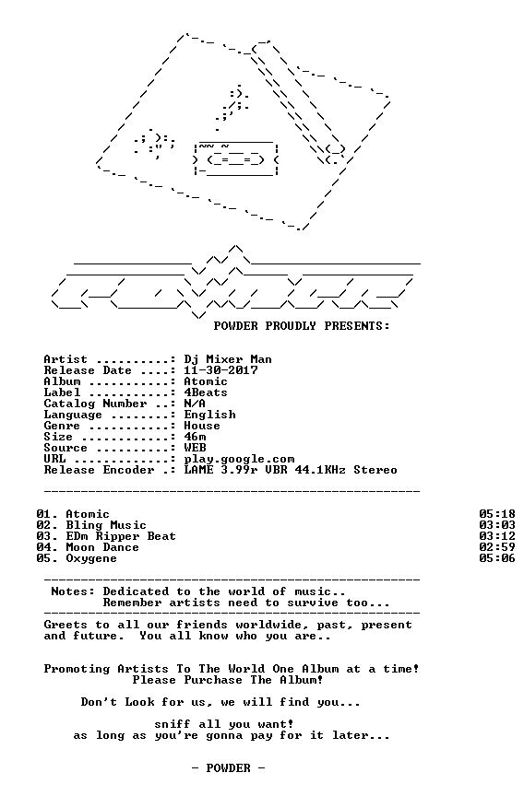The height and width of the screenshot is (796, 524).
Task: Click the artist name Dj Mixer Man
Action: pyautogui.click(x=228, y=360)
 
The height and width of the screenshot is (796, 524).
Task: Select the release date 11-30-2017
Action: pyautogui.click(x=220, y=370)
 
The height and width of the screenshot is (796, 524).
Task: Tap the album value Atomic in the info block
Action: pyautogui.click(x=206, y=381)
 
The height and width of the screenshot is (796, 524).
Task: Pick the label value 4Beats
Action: pyautogui.click(x=206, y=392)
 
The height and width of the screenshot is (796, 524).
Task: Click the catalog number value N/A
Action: pyautogui.click(x=195, y=404)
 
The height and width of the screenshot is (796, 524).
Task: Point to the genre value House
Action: pyautogui.click(x=202, y=426)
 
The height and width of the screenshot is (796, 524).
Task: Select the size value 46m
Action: pyautogui.click(x=195, y=437)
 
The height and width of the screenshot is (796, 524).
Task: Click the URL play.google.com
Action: pyautogui.click(x=239, y=460)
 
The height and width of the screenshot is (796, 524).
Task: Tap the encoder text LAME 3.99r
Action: pyautogui.click(x=220, y=470)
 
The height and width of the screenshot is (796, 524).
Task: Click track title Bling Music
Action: pyautogui.click(x=106, y=525)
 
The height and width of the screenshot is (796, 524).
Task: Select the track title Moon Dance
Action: pyautogui.click(x=102, y=547)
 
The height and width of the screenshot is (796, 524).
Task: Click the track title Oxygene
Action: pyautogui.click(x=91, y=559)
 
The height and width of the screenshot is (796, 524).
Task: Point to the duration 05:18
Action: pyautogui.click(x=497, y=514)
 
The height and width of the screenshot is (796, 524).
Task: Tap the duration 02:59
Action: pyautogui.click(x=497, y=547)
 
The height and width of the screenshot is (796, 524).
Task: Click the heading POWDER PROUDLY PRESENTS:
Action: pyautogui.click(x=302, y=326)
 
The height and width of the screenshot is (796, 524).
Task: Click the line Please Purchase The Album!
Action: pyautogui.click(x=228, y=680)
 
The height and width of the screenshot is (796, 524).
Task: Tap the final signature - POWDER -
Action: pyautogui.click(x=228, y=768)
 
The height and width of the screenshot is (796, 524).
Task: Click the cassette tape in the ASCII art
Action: pyautogui.click(x=236, y=158)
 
